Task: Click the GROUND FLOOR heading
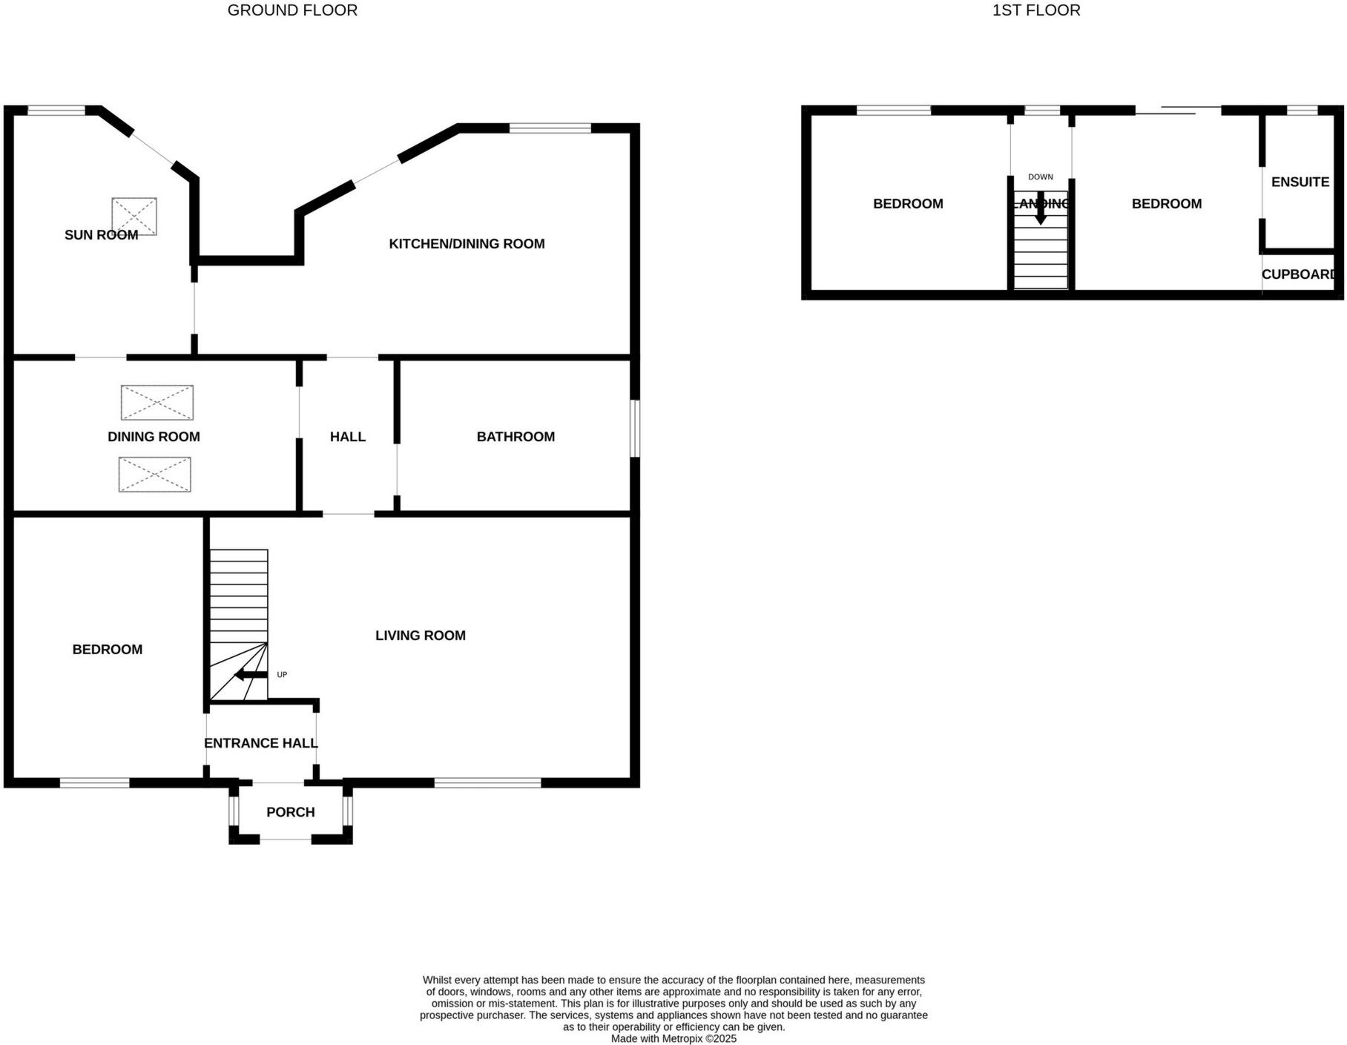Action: pyautogui.click(x=292, y=10)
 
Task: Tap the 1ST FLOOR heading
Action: pyautogui.click(x=1035, y=10)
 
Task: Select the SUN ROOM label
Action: pyautogui.click(x=101, y=235)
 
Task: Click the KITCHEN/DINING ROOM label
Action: pyautogui.click(x=467, y=244)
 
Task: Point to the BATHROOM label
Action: pyautogui.click(x=516, y=437)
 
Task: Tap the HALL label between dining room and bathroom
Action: pyautogui.click(x=347, y=437)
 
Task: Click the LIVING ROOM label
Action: pyautogui.click(x=420, y=636)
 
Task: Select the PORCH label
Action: pyautogui.click(x=290, y=812)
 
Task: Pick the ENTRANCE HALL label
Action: pyautogui.click(x=260, y=743)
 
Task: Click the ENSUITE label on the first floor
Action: pyautogui.click(x=1300, y=182)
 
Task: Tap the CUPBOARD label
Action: pyautogui.click(x=1298, y=274)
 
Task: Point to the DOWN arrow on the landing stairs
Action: pyautogui.click(x=1040, y=208)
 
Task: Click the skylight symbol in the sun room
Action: pyautogui.click(x=134, y=216)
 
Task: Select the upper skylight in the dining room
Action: pyautogui.click(x=157, y=403)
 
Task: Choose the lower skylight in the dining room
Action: pyautogui.click(x=155, y=475)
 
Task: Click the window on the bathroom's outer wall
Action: pyautogui.click(x=635, y=429)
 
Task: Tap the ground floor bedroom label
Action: pyautogui.click(x=107, y=650)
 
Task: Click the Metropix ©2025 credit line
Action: pyautogui.click(x=673, y=1039)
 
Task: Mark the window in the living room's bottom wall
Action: pyautogui.click(x=487, y=782)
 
